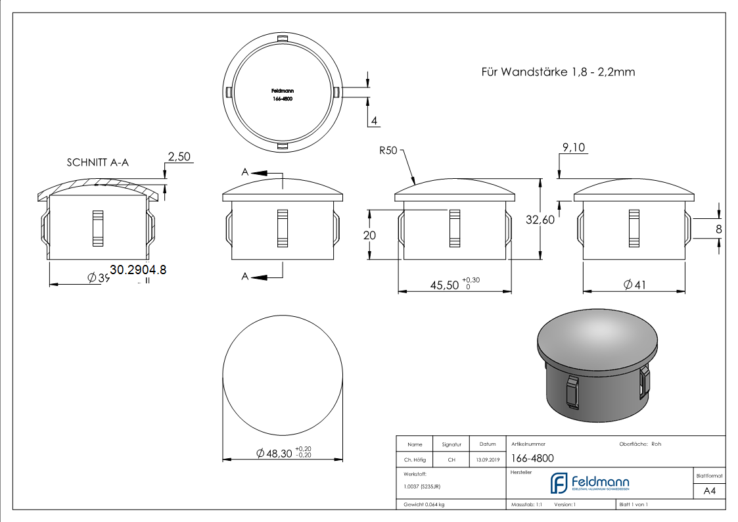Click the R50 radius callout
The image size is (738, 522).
[x=388, y=151]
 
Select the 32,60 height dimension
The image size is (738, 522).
[x=540, y=221]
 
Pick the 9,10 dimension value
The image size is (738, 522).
[x=574, y=148]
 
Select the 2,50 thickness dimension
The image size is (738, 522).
[x=179, y=156]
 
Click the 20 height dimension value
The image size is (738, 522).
[x=369, y=235]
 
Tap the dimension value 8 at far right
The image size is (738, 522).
[x=718, y=229]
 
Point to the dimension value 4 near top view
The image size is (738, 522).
[x=373, y=120]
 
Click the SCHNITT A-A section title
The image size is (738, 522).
[x=97, y=162]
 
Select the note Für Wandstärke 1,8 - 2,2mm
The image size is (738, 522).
[x=558, y=72]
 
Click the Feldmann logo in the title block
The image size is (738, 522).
[x=589, y=483]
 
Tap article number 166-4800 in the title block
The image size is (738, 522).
[x=532, y=459]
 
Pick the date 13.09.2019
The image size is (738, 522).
[x=488, y=460]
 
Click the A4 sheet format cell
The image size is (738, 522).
[x=710, y=491]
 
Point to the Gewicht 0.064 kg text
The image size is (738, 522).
[x=424, y=504]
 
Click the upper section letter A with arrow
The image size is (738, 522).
[x=245, y=172]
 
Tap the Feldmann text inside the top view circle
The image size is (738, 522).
[x=282, y=91]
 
